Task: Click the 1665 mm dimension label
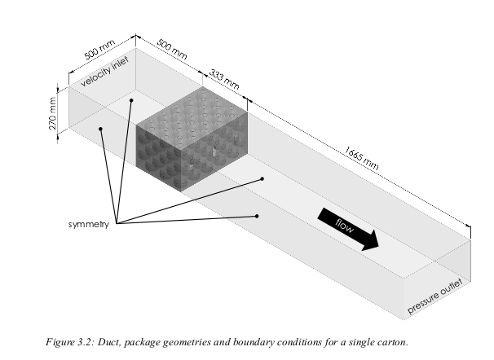click(x=361, y=158)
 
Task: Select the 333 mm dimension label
click(x=224, y=79)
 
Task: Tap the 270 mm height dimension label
click(x=52, y=113)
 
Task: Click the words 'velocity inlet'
click(x=104, y=72)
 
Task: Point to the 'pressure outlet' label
click(x=435, y=296)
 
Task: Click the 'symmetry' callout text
click(x=89, y=224)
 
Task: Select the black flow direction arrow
click(x=348, y=229)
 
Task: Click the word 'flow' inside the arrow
click(x=344, y=226)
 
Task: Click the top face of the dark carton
click(x=192, y=119)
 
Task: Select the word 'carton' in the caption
click(x=392, y=342)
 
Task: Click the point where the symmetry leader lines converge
click(x=117, y=223)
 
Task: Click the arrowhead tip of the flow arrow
click(x=379, y=248)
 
